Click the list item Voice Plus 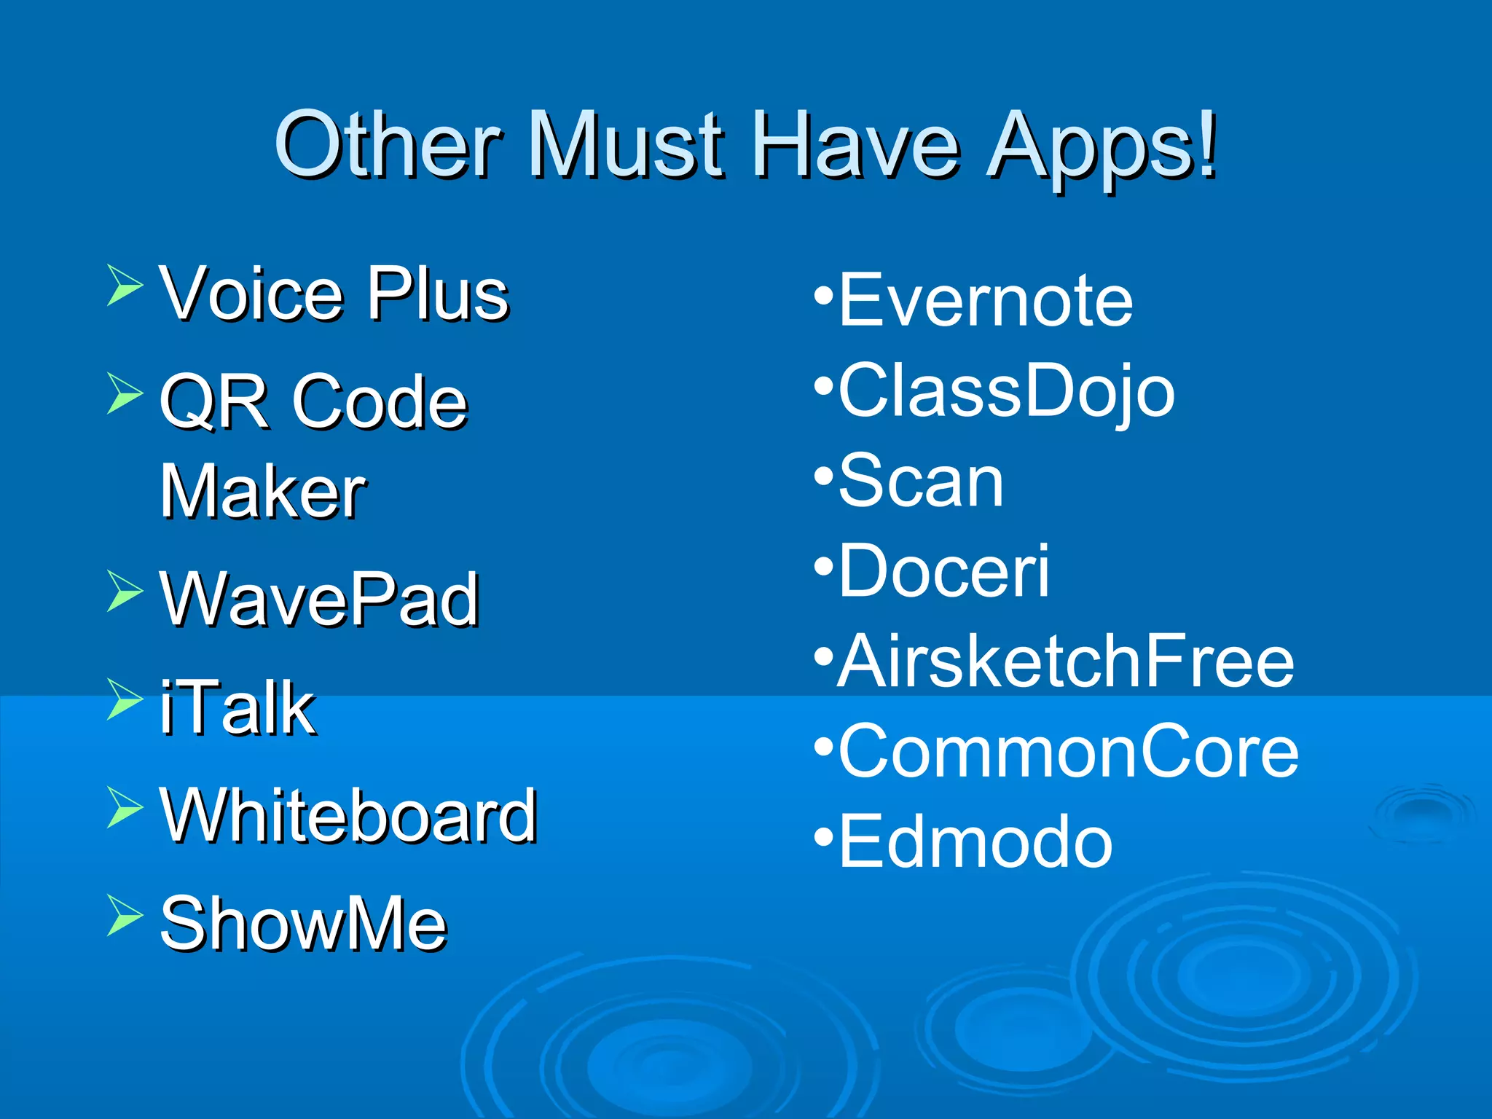(334, 294)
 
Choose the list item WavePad (319, 600)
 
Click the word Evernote (985, 299)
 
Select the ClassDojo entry (1005, 391)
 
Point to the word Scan (921, 481)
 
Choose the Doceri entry (943, 571)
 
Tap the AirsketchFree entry (1065, 661)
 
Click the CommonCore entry (1068, 752)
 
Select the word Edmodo (975, 842)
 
